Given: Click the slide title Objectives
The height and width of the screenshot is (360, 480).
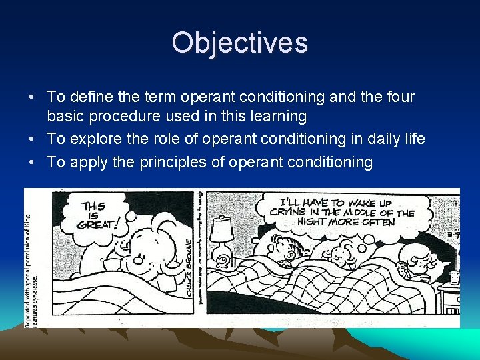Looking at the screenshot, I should tap(239, 43).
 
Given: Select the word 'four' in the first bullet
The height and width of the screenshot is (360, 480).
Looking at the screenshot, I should tap(398, 97).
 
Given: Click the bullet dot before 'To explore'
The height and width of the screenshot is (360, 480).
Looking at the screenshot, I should tap(33, 139).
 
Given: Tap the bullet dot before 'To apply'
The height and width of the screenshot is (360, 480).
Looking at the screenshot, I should tap(33, 162).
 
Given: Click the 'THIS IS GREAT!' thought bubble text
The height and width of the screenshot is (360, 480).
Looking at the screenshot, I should tap(99, 215).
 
